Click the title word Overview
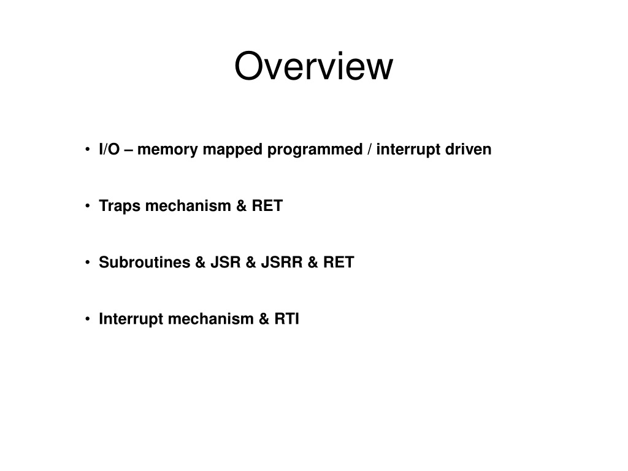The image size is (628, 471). [313, 66]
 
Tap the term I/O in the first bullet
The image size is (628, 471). [109, 149]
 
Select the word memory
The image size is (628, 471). [167, 150]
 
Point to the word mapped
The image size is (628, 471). [232, 150]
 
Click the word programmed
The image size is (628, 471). [315, 150]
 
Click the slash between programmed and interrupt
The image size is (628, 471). [369, 149]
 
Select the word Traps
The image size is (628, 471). [120, 206]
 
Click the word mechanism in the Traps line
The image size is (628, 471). [188, 205]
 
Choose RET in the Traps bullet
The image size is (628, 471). [267, 205]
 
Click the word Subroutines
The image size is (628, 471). [145, 262]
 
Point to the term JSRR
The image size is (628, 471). [281, 262]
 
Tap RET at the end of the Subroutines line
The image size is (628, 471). [339, 262]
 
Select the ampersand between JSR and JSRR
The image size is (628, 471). [251, 262]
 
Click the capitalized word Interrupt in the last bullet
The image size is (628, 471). [131, 319]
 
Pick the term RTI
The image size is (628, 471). [287, 318]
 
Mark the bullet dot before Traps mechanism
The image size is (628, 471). [87, 206]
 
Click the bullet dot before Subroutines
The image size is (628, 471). [87, 262]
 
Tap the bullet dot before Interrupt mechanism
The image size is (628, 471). [87, 319]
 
